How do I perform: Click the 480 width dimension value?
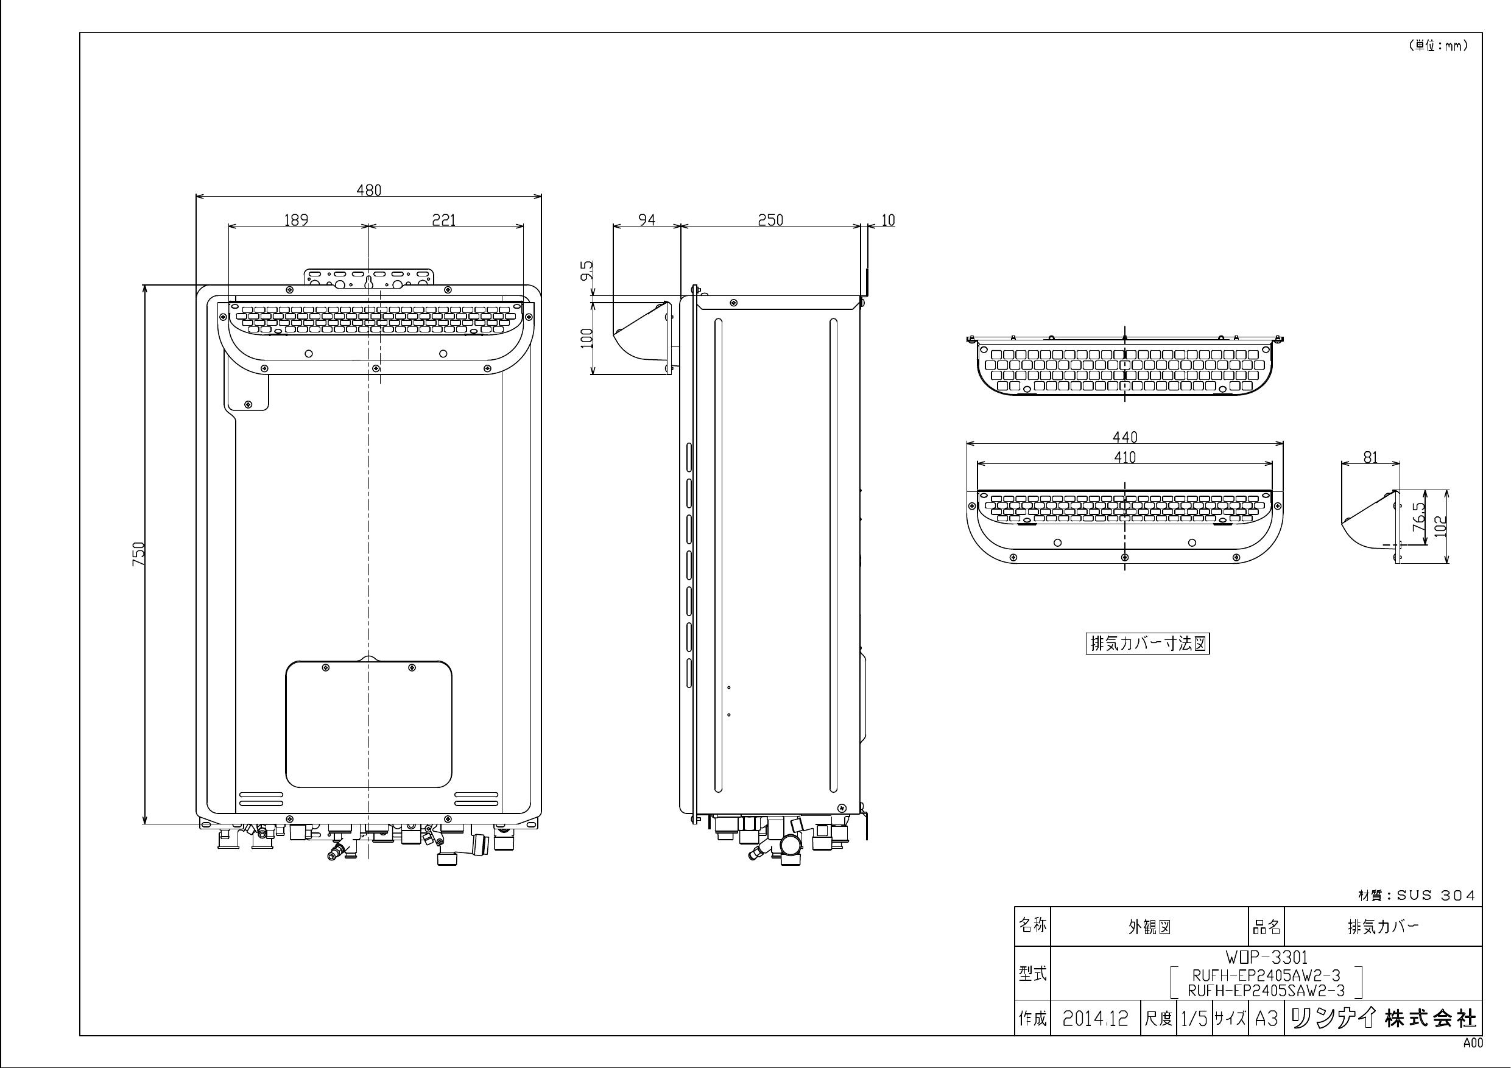coord(368,190)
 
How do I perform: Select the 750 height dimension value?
coord(139,553)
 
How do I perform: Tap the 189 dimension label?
coord(296,220)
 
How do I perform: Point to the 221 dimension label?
coord(443,220)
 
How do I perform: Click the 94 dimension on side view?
coord(647,220)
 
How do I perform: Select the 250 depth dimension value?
coord(770,220)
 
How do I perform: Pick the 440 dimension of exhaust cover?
coord(1125,437)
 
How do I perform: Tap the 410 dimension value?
coord(1125,457)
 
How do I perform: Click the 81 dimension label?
coord(1370,457)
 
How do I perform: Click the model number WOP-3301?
coord(1266,957)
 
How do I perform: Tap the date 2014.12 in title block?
coord(1095,1019)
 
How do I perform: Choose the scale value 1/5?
coord(1194,1019)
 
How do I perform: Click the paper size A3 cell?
coord(1266,1019)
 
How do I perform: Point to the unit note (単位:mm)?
coord(1437,46)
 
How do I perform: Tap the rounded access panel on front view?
coord(368,724)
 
